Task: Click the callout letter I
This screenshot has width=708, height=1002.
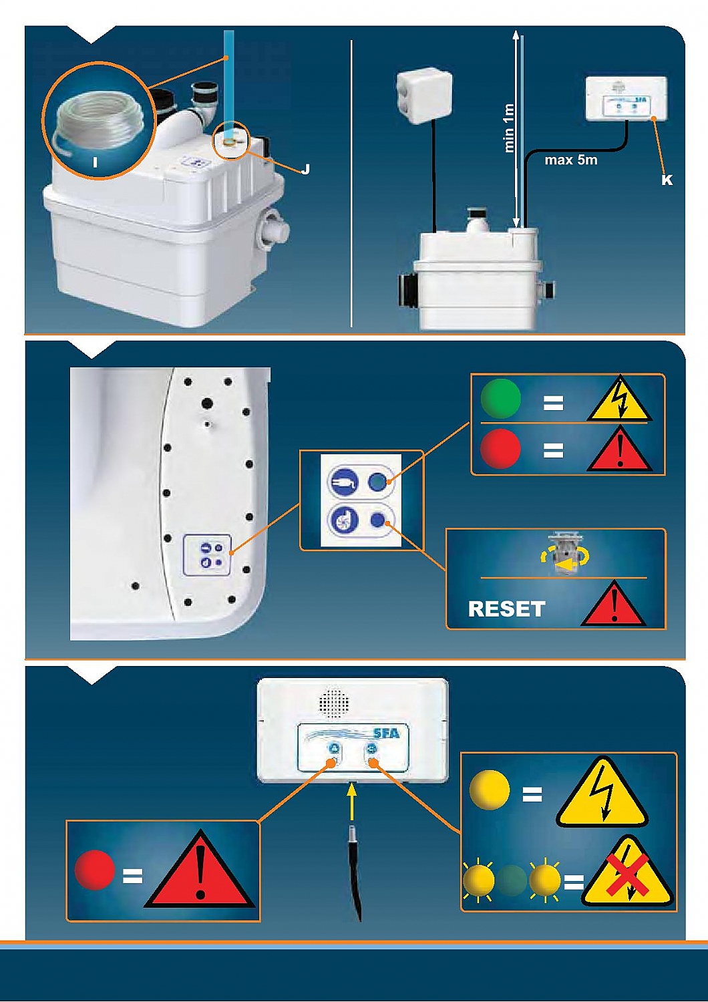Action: (x=96, y=162)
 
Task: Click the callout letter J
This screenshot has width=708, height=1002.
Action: (x=305, y=169)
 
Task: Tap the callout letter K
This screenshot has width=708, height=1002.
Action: (x=666, y=180)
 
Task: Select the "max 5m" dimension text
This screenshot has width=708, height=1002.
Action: (x=570, y=160)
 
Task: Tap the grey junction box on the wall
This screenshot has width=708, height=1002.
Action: (x=424, y=97)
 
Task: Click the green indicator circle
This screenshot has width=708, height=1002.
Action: (x=500, y=398)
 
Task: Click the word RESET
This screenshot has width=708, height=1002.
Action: (x=506, y=609)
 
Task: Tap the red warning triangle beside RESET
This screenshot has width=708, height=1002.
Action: (x=614, y=605)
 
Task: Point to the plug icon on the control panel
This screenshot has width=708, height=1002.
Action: (x=343, y=482)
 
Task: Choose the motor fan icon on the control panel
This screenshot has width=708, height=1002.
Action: (x=343, y=520)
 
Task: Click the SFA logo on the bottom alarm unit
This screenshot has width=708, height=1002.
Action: (x=386, y=733)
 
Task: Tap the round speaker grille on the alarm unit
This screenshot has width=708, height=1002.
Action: (x=334, y=702)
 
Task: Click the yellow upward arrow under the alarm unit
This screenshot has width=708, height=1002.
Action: (x=352, y=801)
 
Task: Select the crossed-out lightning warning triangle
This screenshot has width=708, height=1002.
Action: (x=626, y=871)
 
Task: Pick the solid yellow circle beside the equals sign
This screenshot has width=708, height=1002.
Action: (x=489, y=790)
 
